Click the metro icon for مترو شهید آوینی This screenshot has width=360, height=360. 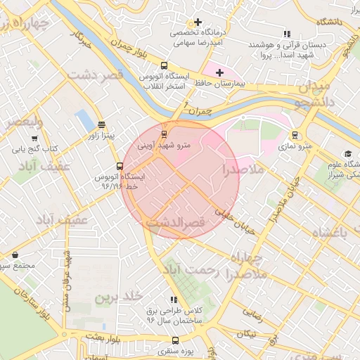(x=165, y=134)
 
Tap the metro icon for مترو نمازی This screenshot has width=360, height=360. (x=295, y=136)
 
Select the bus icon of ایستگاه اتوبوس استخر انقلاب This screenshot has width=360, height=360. (x=165, y=65)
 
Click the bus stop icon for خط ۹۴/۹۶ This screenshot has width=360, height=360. (x=120, y=167)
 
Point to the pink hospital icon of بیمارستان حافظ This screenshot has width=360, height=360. (x=219, y=72)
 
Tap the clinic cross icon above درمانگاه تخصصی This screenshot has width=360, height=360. (x=198, y=22)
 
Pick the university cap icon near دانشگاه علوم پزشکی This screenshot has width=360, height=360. (x=347, y=154)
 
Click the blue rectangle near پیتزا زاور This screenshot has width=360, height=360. (x=84, y=120)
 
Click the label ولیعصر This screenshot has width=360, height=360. (x=24, y=122)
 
